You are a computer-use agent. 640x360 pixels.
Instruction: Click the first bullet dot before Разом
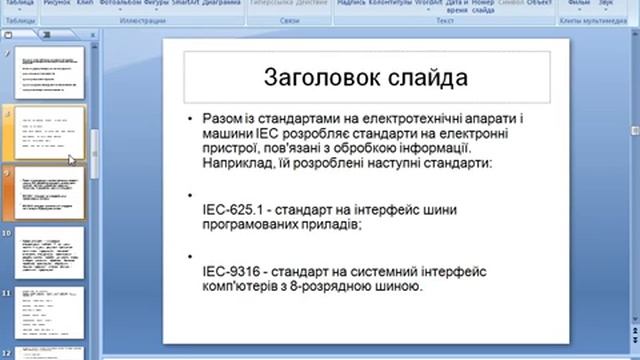pyautogui.click(x=191, y=118)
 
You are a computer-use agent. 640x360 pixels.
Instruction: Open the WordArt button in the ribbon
pyautogui.click(x=427, y=3)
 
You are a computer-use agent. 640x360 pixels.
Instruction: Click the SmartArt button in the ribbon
pyautogui.click(x=186, y=3)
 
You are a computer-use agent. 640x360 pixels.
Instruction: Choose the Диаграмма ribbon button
pyautogui.click(x=221, y=3)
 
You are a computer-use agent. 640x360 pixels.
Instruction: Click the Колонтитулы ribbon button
pyautogui.click(x=391, y=3)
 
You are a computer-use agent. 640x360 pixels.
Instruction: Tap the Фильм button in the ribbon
pyautogui.click(x=579, y=3)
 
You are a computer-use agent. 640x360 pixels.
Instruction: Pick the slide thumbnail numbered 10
pyautogui.click(x=51, y=254)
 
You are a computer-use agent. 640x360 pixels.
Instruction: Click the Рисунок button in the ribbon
pyautogui.click(x=55, y=3)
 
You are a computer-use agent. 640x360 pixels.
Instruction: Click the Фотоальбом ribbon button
pyautogui.click(x=119, y=3)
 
